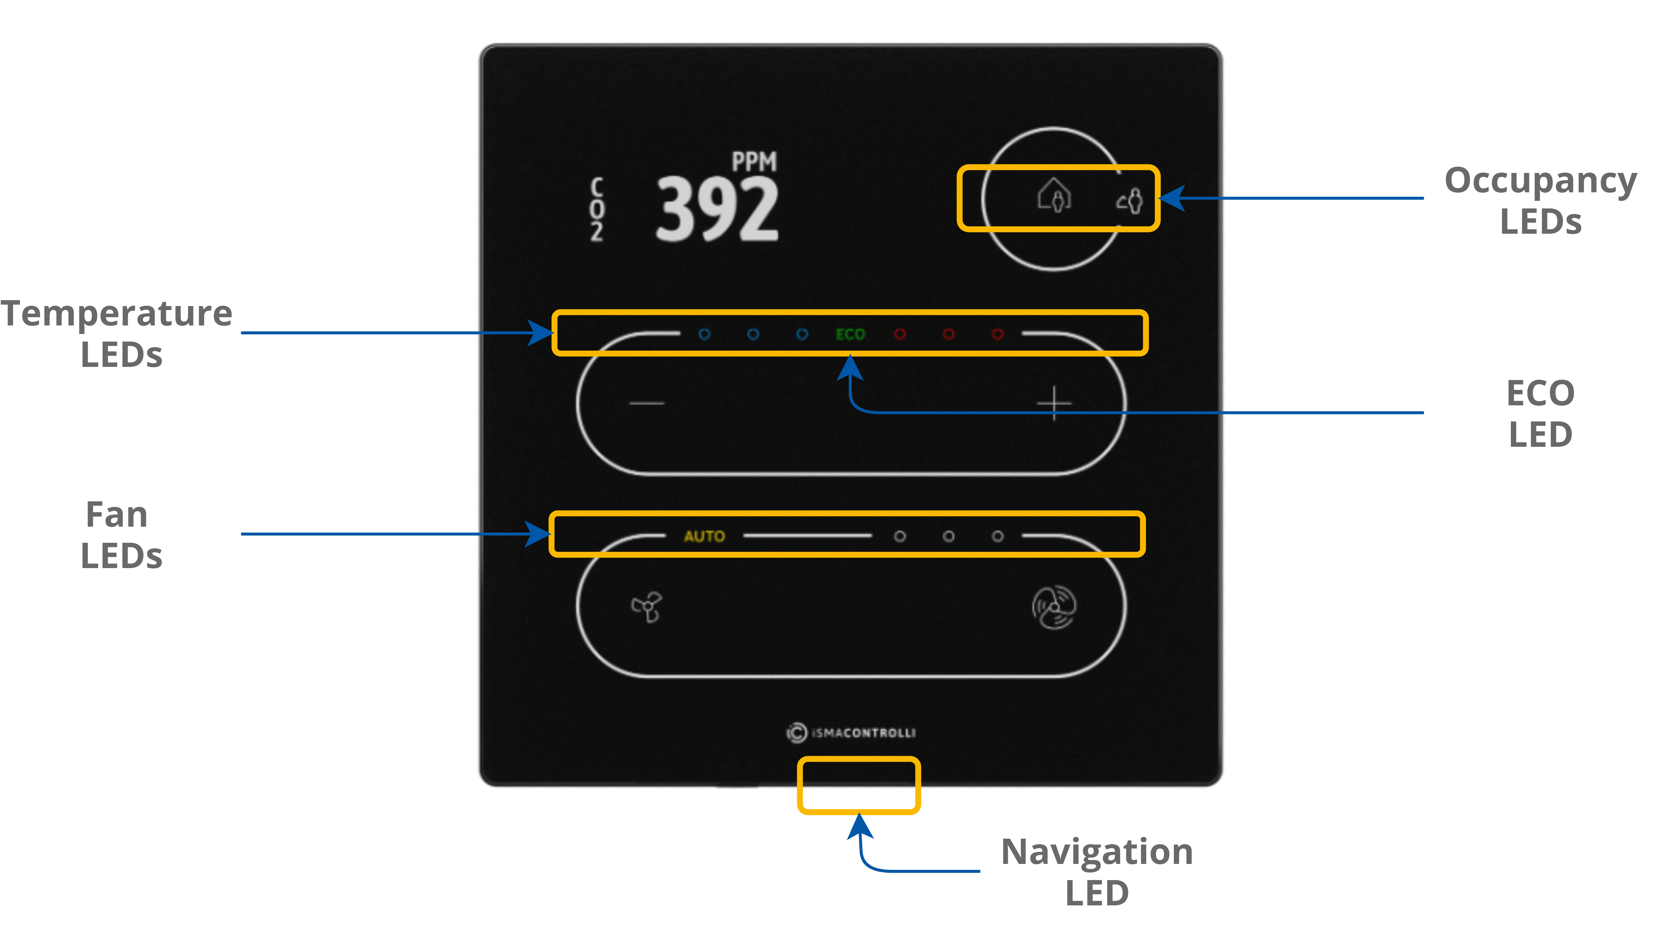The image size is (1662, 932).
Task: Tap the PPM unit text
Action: tap(753, 161)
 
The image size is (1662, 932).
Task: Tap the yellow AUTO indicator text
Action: tap(704, 536)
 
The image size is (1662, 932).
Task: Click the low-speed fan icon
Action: tap(646, 607)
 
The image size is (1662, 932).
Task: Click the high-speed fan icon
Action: tap(1053, 607)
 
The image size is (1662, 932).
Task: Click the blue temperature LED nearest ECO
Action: tap(802, 334)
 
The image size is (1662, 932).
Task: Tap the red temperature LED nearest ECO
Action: tap(899, 334)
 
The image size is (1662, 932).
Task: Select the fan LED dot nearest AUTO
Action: tap(899, 536)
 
